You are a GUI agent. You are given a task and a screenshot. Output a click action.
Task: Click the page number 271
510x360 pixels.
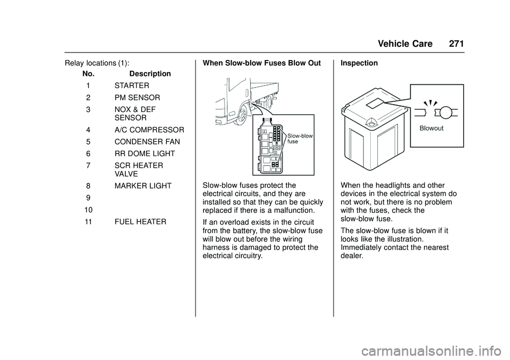[456, 44]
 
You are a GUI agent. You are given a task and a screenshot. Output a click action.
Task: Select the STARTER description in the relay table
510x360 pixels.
[131, 85]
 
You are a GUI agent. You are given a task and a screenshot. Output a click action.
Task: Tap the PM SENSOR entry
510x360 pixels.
[137, 98]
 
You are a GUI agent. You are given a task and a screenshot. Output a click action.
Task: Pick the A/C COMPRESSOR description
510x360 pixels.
[149, 130]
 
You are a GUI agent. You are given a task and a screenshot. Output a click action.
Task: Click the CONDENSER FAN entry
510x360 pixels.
[147, 142]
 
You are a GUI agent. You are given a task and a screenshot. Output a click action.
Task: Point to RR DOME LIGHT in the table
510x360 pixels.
[144, 154]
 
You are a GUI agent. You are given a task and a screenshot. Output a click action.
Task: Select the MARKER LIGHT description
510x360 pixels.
[143, 186]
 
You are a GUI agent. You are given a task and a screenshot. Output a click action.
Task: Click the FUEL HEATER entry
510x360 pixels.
[139, 220]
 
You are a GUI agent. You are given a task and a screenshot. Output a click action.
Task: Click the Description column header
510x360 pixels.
[150, 74]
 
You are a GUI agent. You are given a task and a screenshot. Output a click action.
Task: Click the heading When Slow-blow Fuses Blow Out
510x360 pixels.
[262, 63]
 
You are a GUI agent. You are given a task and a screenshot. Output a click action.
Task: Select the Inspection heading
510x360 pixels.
[359, 63]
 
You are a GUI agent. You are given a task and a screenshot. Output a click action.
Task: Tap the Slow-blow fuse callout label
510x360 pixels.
[300, 139]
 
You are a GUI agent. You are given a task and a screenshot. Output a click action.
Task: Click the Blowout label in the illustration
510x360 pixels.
[431, 128]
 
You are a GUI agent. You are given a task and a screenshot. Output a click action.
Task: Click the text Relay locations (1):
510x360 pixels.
[97, 63]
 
